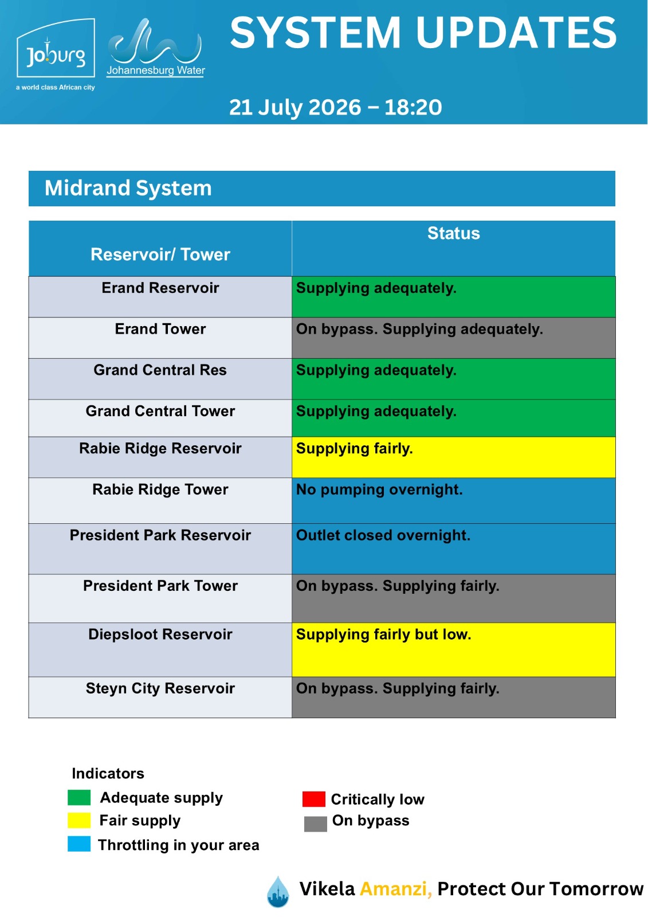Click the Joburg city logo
56,54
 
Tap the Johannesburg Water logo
155,48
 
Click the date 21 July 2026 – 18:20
335,107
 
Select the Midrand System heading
128,189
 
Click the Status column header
453,233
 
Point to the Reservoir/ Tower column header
160,254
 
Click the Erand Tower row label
160,329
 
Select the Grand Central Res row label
160,370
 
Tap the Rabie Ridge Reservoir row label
160,448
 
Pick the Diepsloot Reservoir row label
160,634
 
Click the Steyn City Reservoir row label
160,688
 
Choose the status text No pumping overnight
379,489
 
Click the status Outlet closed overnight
383,535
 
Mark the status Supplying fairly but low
383,634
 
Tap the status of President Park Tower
398,586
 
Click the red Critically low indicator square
313,799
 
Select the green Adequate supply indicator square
79,797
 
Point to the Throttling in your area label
179,845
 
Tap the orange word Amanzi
396,889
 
